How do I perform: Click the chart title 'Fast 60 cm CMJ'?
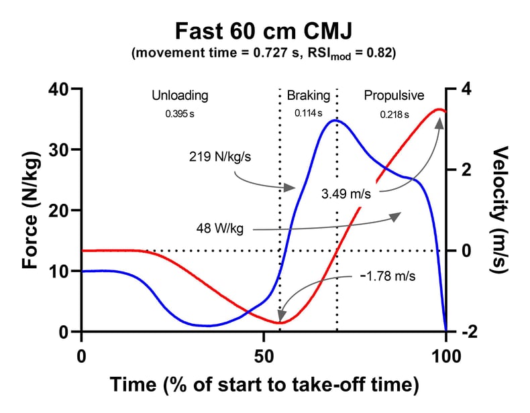tap(264, 31)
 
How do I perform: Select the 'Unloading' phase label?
tap(180, 95)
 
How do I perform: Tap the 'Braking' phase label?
tap(308, 95)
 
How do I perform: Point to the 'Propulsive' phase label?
tap(394, 95)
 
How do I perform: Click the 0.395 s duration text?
tap(180, 114)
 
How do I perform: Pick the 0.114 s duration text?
tap(308, 114)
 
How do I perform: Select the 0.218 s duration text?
tap(394, 114)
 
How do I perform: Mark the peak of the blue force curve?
tap(337, 121)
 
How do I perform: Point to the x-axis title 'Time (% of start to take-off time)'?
tap(264, 385)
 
